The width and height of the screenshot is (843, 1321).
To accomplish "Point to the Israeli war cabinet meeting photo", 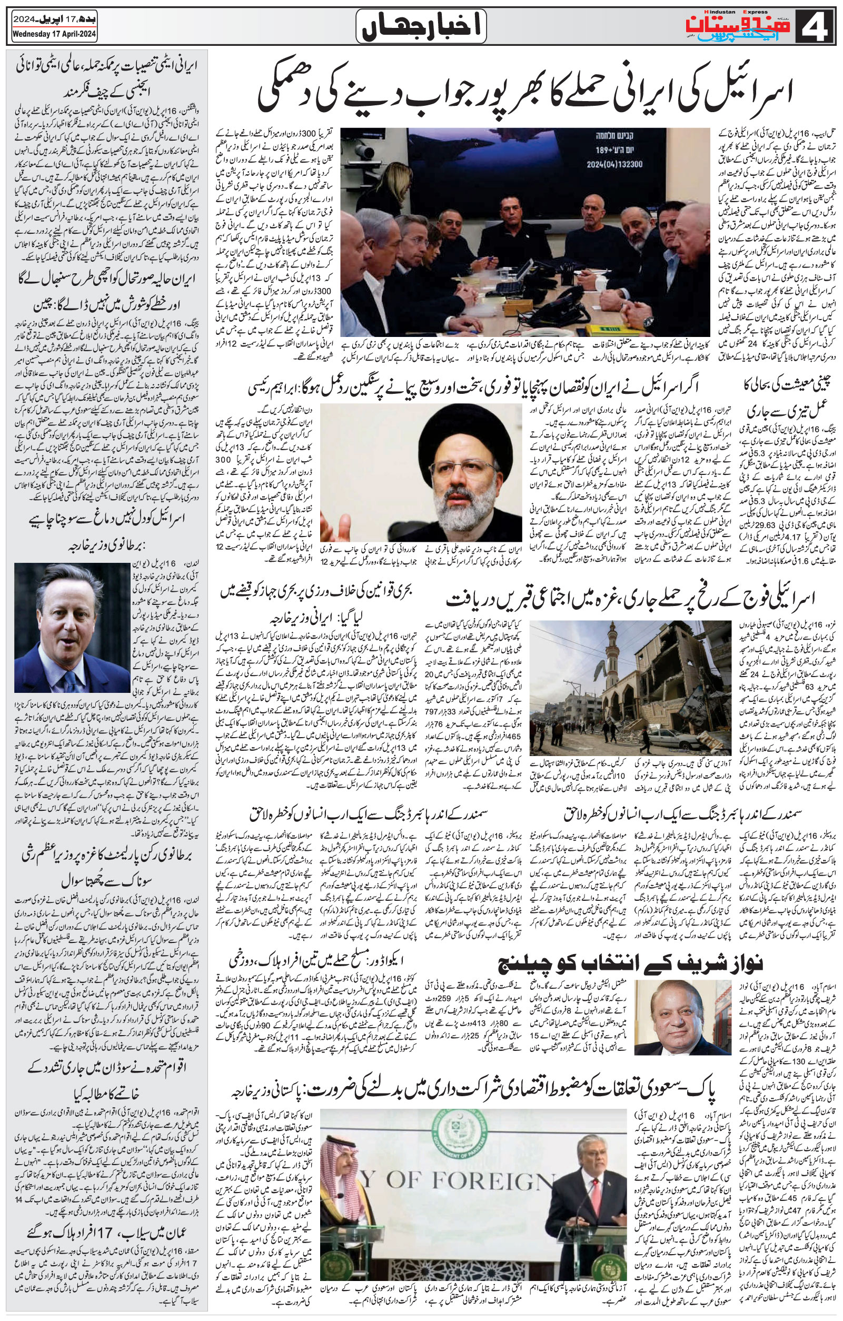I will click(x=525, y=233).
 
